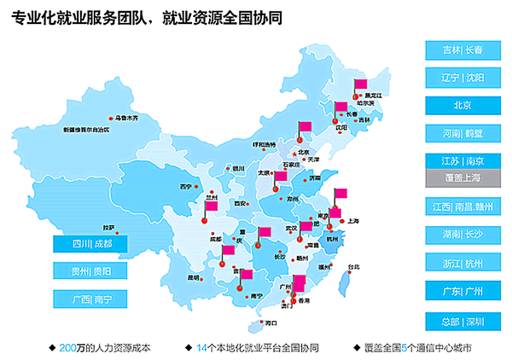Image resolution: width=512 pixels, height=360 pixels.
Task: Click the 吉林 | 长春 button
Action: (463, 50)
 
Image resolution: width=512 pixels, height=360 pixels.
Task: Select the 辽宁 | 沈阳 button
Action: (463, 78)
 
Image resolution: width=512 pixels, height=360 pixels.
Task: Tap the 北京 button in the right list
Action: (463, 105)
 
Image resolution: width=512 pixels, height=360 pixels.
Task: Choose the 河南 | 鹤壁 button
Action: (463, 133)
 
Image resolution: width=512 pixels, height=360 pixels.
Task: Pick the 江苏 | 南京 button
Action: (463, 161)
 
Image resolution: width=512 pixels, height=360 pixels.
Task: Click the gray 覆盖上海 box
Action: (463, 177)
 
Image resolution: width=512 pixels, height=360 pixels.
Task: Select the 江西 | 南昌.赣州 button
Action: (463, 206)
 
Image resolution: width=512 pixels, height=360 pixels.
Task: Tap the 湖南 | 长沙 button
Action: (463, 235)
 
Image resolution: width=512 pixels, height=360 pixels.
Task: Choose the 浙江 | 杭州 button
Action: (463, 263)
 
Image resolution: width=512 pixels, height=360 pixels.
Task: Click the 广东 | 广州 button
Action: (463, 291)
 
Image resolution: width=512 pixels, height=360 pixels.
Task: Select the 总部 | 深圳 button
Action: (463, 321)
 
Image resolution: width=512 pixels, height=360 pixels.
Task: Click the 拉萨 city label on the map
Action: (108, 228)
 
